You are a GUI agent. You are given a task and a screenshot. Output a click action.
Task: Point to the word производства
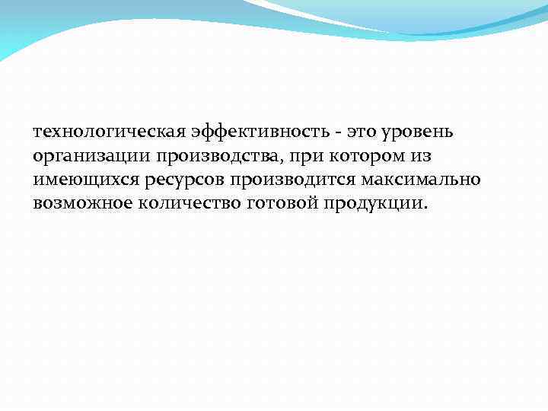click(x=220, y=158)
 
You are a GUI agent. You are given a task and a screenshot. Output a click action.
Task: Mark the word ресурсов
click(x=182, y=181)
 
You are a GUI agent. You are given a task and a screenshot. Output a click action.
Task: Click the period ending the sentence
click(x=426, y=209)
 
